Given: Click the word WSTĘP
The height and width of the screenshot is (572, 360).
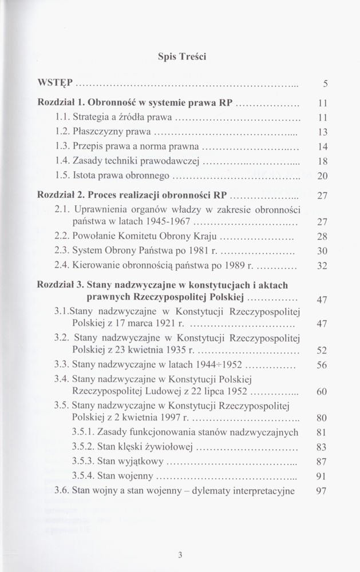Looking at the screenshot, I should pyautogui.click(x=56, y=83).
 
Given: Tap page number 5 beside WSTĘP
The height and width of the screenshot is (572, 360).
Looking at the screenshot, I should pyautogui.click(x=325, y=84).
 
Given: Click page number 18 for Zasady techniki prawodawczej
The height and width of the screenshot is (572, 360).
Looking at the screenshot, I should pyautogui.click(x=322, y=161).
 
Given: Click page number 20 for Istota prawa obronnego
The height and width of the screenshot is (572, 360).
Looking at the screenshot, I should pyautogui.click(x=322, y=176).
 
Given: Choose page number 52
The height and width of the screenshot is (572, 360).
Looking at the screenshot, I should pyautogui.click(x=322, y=350).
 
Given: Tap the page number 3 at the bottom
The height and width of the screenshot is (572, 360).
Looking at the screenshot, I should pyautogui.click(x=180, y=554).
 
